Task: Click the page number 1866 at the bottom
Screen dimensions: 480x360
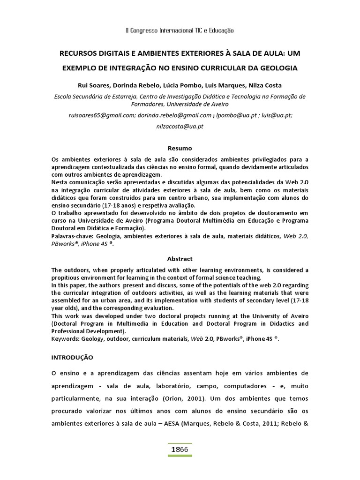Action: [180, 449]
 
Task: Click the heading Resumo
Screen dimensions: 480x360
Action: [180, 148]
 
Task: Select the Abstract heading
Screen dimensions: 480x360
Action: [180, 259]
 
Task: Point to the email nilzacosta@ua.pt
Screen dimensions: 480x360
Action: [180, 127]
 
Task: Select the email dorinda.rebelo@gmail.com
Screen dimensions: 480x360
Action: [174, 115]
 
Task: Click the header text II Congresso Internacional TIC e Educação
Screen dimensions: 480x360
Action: [180, 30]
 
